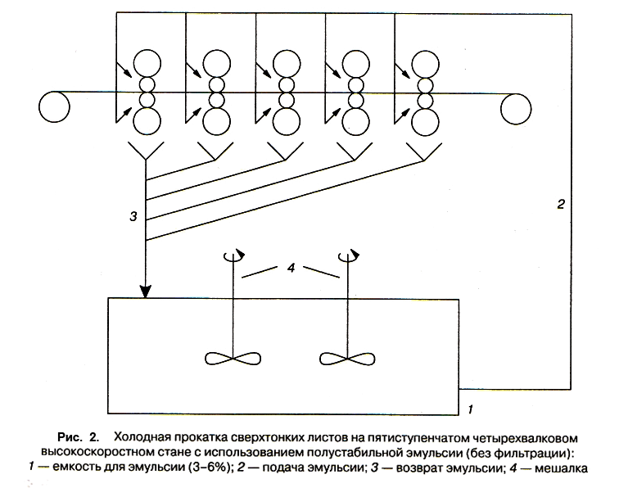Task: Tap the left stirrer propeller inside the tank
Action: click(233, 359)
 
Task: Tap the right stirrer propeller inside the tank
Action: click(347, 359)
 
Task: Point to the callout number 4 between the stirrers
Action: click(291, 268)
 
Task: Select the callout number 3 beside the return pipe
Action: click(133, 216)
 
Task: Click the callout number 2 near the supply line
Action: click(561, 204)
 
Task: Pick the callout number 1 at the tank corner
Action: click(470, 409)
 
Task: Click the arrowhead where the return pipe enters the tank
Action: click(146, 291)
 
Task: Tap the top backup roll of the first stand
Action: click(147, 63)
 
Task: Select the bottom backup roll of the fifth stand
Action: click(425, 122)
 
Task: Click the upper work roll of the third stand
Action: click(287, 85)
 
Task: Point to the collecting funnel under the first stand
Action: click(146, 151)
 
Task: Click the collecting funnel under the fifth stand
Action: click(424, 151)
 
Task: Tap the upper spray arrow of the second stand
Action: click(193, 69)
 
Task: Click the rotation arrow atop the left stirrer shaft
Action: click(234, 255)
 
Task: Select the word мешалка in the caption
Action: click(561, 468)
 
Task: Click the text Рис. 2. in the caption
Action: click(78, 437)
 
